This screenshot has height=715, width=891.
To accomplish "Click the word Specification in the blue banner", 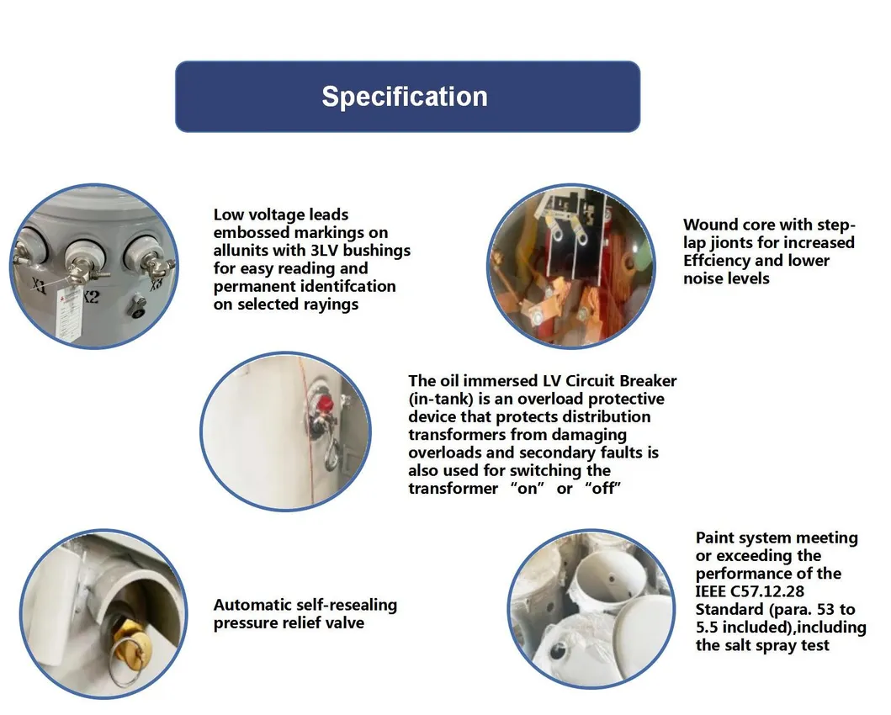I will (405, 97).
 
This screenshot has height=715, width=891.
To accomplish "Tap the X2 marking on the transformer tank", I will (91, 297).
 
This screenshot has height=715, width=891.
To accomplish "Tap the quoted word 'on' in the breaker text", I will (528, 489).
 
